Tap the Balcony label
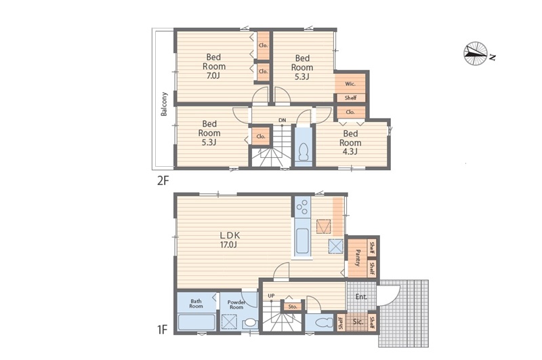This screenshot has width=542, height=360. [x=164, y=104]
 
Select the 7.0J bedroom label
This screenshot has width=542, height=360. [x=213, y=66]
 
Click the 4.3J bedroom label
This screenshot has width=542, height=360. [x=350, y=142]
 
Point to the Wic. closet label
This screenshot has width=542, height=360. [x=350, y=84]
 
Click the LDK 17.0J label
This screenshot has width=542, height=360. [x=230, y=240]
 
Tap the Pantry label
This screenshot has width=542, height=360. [x=358, y=258]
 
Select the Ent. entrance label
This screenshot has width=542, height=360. [x=361, y=296]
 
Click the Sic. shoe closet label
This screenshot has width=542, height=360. [x=358, y=322]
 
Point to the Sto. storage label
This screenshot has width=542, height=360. [x=293, y=306]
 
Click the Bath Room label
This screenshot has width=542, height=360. [x=196, y=304]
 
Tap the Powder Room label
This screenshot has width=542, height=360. [x=236, y=304]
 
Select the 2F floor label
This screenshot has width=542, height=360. [x=163, y=180]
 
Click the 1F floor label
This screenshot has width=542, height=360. [x=162, y=330]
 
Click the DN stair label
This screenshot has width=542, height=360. [x=283, y=120]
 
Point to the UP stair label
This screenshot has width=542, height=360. [x=272, y=296]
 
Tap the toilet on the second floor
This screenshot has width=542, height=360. [x=304, y=151]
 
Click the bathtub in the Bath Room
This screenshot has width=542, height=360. [x=196, y=323]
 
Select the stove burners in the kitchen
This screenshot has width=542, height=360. [x=302, y=207]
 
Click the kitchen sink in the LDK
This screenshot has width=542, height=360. [x=303, y=241]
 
